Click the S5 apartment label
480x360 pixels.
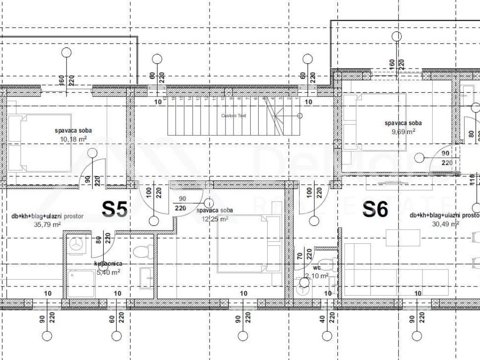pyautogui.click(x=114, y=210)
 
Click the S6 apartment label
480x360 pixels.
pyautogui.click(x=375, y=210)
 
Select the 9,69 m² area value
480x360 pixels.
pyautogui.click(x=403, y=132)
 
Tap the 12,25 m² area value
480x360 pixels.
pyautogui.click(x=215, y=219)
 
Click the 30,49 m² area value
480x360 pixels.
pyautogui.click(x=445, y=224)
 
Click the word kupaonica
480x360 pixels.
pyautogui.click(x=108, y=264)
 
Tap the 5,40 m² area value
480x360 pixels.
pyautogui.click(x=108, y=272)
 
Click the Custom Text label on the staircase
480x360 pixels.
pyautogui.click(x=233, y=115)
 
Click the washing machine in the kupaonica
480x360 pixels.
pyautogui.click(x=75, y=244)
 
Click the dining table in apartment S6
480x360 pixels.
pyautogui.click(x=403, y=238)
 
